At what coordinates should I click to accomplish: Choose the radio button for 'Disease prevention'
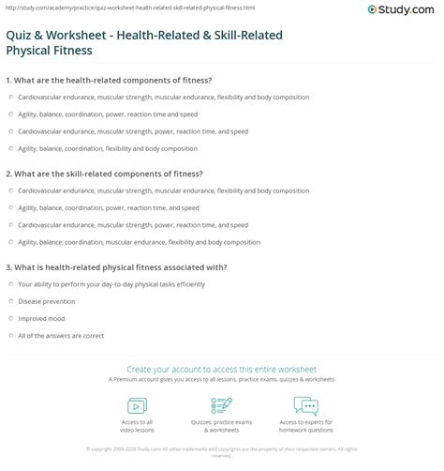coord(9,302)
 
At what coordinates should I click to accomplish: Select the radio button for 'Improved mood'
coord(9,319)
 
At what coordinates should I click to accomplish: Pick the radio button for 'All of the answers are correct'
coord(9,336)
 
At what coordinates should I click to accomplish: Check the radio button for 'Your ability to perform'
coord(9,284)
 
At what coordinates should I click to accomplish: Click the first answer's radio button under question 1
coord(9,96)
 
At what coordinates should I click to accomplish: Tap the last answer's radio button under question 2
coord(9,242)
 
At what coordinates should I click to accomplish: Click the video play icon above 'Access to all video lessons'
coord(136,406)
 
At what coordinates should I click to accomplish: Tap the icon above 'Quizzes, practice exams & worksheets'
coord(222,406)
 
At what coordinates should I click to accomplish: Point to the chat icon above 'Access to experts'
coord(306,406)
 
